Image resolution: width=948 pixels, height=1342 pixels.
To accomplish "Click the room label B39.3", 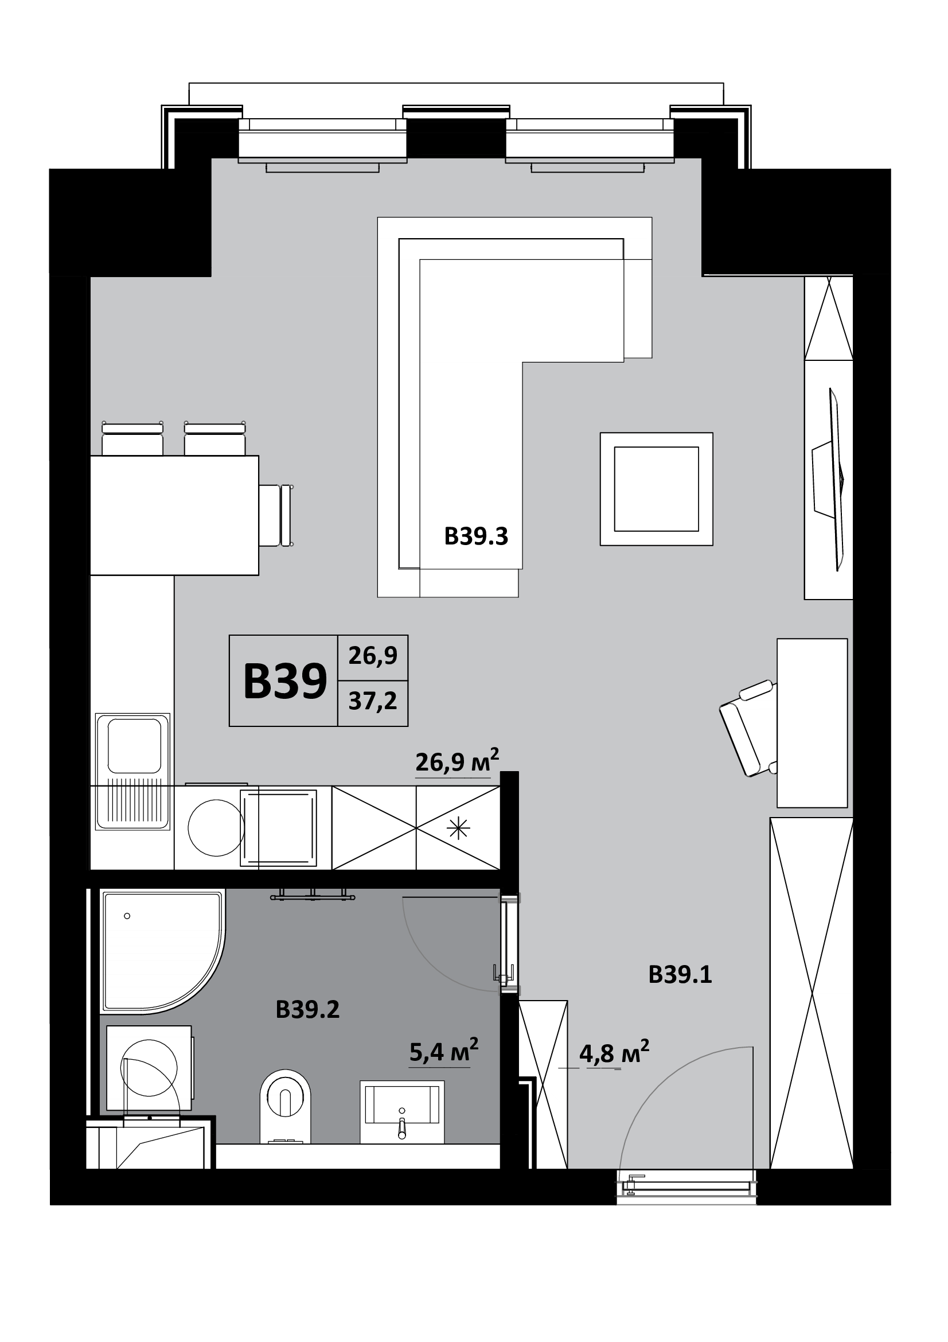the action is (x=476, y=536).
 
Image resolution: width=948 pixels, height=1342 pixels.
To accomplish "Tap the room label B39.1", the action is (x=680, y=975).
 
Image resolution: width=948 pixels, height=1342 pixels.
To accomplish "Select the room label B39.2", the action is (x=307, y=1009).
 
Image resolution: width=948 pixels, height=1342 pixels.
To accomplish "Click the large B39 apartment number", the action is (x=285, y=681).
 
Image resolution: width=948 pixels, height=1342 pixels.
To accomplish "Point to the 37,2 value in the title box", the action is (x=373, y=701).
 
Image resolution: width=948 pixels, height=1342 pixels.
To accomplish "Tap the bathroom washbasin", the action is (x=402, y=1111).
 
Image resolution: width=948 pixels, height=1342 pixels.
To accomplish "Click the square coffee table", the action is (x=657, y=489).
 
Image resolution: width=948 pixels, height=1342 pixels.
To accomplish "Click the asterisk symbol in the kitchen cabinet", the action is (x=459, y=829).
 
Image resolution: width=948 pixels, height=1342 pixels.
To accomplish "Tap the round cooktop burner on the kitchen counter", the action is (x=216, y=828).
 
